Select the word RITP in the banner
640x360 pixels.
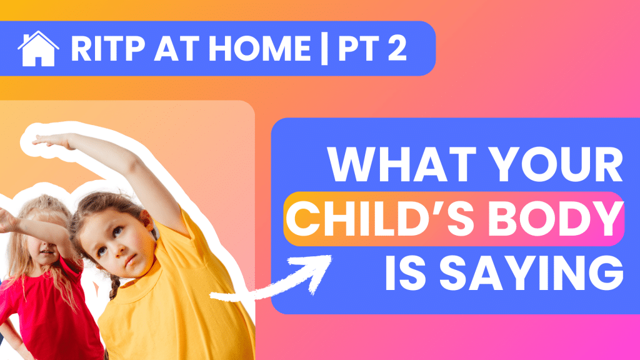click(108, 49)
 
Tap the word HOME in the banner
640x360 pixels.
click(260, 49)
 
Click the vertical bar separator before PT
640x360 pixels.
click(324, 49)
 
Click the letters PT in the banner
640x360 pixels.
click(357, 49)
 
